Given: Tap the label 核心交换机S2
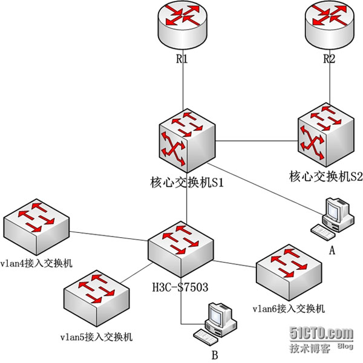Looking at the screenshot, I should click(x=325, y=177).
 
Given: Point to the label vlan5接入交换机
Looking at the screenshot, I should click(x=97, y=336).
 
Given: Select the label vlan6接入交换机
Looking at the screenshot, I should click(x=289, y=309).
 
